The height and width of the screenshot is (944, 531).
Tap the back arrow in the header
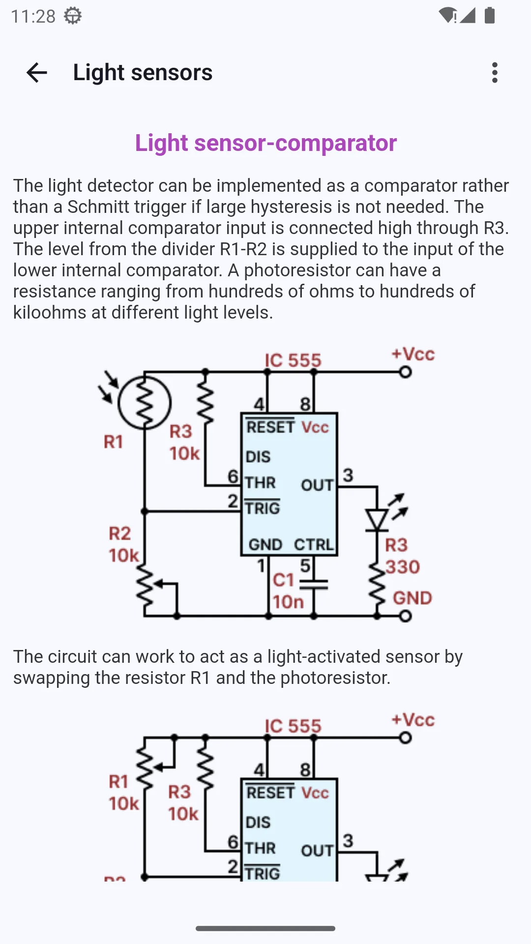click(x=37, y=73)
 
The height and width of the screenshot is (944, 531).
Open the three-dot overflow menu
click(x=495, y=73)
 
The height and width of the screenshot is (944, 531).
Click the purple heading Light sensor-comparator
click(x=266, y=143)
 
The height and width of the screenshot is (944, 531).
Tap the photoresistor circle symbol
click(x=145, y=403)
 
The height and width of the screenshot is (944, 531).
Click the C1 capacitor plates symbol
click(x=314, y=584)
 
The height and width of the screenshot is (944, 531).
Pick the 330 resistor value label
click(x=403, y=567)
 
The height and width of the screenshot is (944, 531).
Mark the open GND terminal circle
click(x=405, y=616)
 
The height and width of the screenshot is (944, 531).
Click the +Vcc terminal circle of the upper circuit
click(x=405, y=372)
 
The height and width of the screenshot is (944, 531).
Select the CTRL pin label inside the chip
click(x=314, y=544)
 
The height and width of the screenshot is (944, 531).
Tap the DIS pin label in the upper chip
click(x=258, y=457)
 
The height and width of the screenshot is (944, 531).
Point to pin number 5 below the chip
click(x=305, y=565)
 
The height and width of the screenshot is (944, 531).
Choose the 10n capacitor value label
click(x=288, y=602)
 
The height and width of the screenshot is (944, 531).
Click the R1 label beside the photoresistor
click(x=113, y=442)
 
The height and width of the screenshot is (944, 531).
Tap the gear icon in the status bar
click(x=73, y=16)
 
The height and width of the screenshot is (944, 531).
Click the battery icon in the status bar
click(x=490, y=15)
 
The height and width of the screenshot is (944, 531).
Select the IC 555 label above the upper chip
click(x=293, y=360)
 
